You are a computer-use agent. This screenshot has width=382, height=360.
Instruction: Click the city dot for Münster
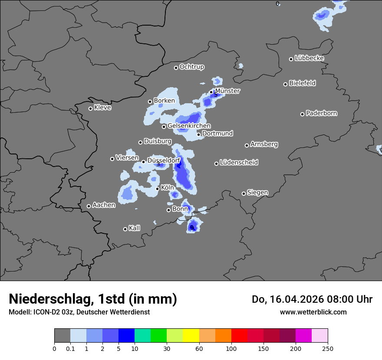[x=211, y=92]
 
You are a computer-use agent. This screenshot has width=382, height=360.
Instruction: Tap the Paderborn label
[x=321, y=113]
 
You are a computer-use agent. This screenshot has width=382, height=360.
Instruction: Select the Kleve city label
[x=102, y=108]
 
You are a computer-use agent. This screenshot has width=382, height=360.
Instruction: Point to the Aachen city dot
[x=89, y=206]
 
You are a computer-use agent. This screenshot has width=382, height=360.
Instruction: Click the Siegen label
[x=257, y=193]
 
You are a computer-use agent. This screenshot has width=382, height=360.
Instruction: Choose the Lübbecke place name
[x=309, y=58]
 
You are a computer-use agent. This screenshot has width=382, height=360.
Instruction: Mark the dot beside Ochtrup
[x=176, y=68]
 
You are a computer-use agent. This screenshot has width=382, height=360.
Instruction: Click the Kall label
[x=134, y=228]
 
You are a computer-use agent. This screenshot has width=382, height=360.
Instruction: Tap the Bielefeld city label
[x=302, y=83]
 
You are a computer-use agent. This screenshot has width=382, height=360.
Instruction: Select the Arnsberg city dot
[x=247, y=145]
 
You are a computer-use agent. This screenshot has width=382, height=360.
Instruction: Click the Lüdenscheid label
[x=239, y=163]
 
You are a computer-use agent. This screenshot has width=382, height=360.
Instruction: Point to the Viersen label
[x=127, y=158]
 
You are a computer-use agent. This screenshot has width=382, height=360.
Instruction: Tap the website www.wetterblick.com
[x=313, y=312]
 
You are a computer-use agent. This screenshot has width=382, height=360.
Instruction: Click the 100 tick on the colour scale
[x=231, y=348]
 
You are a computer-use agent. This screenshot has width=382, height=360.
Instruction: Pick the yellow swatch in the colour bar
[x=191, y=336]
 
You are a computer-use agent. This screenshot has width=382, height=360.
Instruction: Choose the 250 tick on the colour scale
[x=328, y=348]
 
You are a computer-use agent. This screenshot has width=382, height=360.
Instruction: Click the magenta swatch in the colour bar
[x=303, y=336]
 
